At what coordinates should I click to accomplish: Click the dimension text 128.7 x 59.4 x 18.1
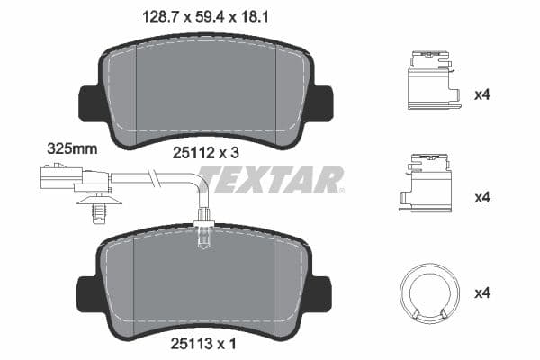pos(206,14)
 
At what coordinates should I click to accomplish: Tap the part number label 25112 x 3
pos(206,154)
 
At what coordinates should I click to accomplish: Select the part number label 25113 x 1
pos(206,343)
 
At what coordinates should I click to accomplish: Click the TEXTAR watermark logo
pos(271,180)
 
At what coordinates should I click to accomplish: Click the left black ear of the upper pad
pos(88,103)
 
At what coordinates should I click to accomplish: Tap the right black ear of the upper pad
pos(323,103)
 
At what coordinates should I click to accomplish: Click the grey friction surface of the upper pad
pos(206,90)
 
